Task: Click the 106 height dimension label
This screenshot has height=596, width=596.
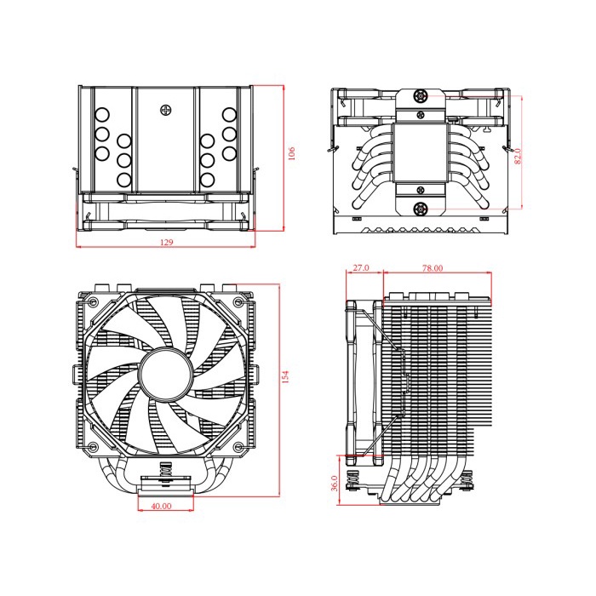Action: pos(292,154)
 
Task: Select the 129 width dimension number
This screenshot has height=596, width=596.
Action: pos(167,243)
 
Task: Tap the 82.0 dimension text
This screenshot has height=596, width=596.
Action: pos(518,156)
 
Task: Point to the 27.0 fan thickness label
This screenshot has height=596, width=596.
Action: pos(360,267)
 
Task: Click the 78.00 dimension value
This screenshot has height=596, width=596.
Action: pos(433,267)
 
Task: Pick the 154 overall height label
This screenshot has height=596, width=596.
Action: pos(286,375)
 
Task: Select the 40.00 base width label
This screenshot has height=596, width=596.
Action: pos(161,505)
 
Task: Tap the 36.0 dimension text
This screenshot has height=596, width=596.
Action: pos(335,483)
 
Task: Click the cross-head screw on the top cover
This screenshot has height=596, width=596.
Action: pos(165,110)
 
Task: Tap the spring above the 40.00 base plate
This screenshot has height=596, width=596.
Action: pos(163,471)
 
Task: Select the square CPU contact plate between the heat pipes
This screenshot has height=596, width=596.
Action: pos(420,154)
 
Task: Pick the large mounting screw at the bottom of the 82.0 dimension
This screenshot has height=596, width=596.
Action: pos(420,209)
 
